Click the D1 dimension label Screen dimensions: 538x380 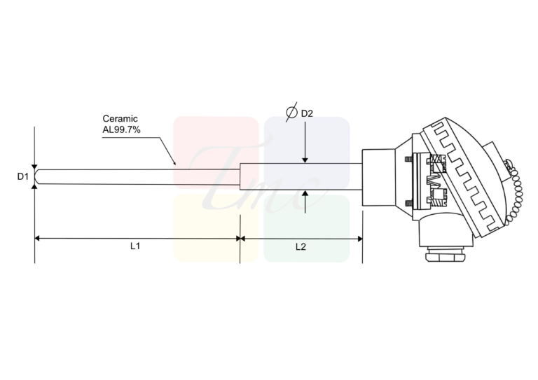coord(23,176)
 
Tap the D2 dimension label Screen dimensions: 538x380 coord(307,113)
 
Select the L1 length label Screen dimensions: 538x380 coord(135,246)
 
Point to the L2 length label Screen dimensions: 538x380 coord(301,247)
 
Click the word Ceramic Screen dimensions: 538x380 coord(120,118)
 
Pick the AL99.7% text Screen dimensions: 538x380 coord(121,129)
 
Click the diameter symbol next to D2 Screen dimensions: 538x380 coord(291,112)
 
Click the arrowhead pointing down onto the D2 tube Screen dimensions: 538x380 coord(305,160)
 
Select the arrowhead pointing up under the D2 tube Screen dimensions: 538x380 coord(305,193)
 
